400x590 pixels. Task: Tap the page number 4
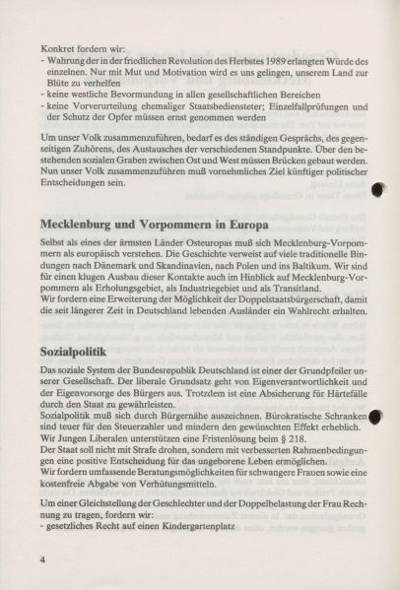tap(44, 559)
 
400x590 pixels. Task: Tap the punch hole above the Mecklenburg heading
tap(377, 192)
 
